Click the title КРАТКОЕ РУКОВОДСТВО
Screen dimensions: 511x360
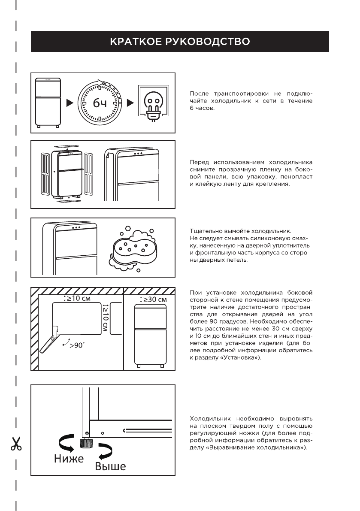coord(180,42)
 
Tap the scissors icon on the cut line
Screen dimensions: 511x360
coord(16,444)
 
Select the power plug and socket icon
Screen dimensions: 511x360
coord(153,103)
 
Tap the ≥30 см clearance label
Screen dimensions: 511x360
coord(154,299)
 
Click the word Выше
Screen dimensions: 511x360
coord(110,466)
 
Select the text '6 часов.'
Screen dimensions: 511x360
coord(202,108)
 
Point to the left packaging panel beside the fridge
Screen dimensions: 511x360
coord(46,173)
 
